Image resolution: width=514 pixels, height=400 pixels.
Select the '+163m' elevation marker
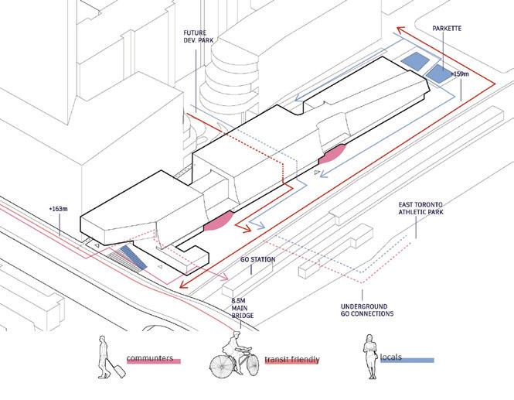(x=59, y=210)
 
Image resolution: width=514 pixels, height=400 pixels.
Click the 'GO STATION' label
(x=257, y=260)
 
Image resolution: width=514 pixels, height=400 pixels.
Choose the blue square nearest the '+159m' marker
(x=438, y=74)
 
